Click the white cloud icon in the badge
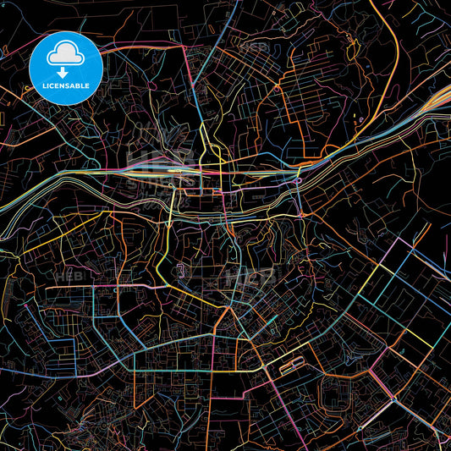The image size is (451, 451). pos(66,56)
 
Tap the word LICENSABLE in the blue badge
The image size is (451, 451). pos(66,85)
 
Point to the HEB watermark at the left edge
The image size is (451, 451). pos(66,277)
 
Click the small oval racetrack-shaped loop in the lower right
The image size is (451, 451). pos(292,366)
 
